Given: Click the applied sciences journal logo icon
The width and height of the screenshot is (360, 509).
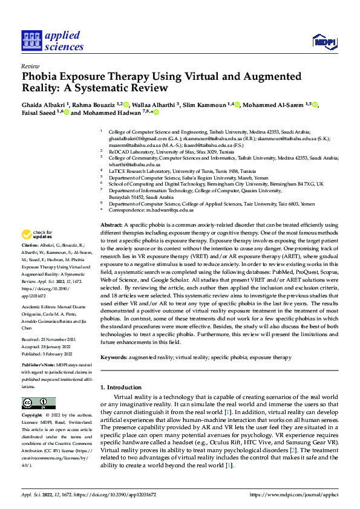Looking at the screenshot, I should coord(30,40).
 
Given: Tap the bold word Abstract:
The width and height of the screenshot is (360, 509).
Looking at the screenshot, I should coord(112,224).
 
